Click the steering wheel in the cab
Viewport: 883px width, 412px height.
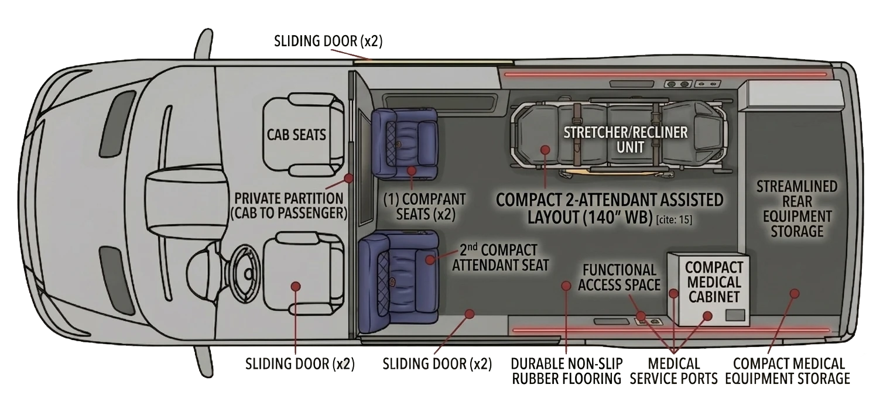[x=244, y=272]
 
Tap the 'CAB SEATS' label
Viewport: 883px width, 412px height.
[x=296, y=135]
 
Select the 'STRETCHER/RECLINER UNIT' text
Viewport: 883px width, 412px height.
[x=625, y=140]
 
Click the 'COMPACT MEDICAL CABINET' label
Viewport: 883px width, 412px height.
[x=714, y=282]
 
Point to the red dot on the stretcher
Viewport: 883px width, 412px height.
[x=545, y=150]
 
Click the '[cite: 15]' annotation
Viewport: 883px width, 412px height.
[x=674, y=219]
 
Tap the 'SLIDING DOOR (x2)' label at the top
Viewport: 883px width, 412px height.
[x=328, y=41]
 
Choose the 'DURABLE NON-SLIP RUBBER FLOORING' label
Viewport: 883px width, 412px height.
[x=566, y=371]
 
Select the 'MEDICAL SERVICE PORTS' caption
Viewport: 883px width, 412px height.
[x=674, y=371]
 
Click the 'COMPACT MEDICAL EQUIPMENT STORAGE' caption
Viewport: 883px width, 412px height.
[x=788, y=371]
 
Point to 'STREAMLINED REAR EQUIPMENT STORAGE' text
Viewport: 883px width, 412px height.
[x=797, y=209]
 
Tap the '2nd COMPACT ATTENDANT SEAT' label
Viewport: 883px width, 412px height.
[x=500, y=257]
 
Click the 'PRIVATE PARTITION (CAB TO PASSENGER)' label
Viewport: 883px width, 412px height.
[x=289, y=205]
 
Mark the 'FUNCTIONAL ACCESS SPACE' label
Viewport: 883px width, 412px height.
[x=620, y=277]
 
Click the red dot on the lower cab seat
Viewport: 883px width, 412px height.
[x=296, y=286]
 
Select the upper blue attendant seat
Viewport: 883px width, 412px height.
[x=405, y=144]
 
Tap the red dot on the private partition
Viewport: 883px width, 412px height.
[x=348, y=178]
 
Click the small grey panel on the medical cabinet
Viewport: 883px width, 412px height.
[x=735, y=315]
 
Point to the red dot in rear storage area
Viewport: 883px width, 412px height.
[x=795, y=293]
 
